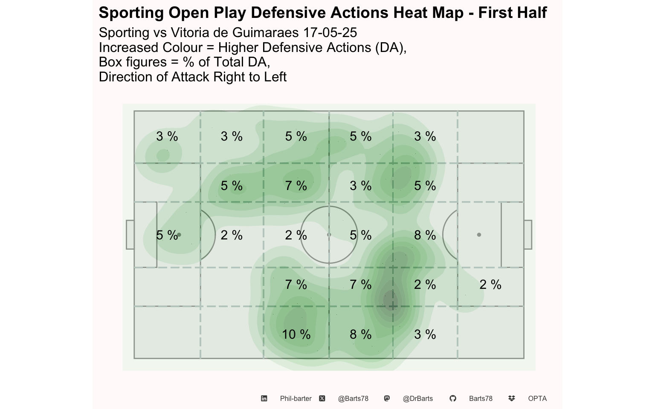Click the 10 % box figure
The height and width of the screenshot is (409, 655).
pyautogui.click(x=296, y=334)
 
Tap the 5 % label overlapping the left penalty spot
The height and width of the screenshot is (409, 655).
pyautogui.click(x=167, y=235)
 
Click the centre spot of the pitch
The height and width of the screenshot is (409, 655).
pyautogui.click(x=329, y=235)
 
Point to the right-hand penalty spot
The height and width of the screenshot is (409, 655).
pyautogui.click(x=479, y=235)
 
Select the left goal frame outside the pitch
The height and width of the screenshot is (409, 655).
pyautogui.click(x=126, y=235)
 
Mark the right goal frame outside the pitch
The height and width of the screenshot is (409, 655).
pyautogui.click(x=532, y=235)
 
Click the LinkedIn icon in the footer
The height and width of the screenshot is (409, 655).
pyautogui.click(x=264, y=398)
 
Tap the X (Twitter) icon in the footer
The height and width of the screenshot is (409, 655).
pyautogui.click(x=322, y=398)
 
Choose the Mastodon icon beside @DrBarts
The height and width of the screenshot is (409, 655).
pyautogui.click(x=387, y=398)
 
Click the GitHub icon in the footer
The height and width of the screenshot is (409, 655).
pyautogui.click(x=453, y=398)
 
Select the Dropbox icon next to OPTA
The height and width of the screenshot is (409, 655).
pyautogui.click(x=511, y=398)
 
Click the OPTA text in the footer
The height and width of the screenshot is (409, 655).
pyautogui.click(x=537, y=398)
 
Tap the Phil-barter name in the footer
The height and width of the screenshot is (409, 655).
pyautogui.click(x=296, y=398)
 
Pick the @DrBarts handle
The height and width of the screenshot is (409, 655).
pyautogui.click(x=417, y=398)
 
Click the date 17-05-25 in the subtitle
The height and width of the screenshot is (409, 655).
pyautogui.click(x=330, y=32)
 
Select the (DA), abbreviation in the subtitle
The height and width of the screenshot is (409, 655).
pyautogui.click(x=391, y=47)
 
